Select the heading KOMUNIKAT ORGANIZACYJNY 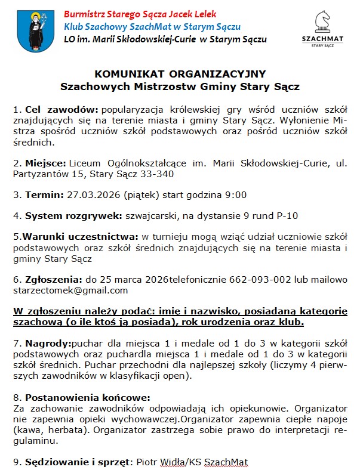[x=180, y=74]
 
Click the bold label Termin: [x=44, y=194]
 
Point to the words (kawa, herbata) [x=44, y=430]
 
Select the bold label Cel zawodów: [x=61, y=110]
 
